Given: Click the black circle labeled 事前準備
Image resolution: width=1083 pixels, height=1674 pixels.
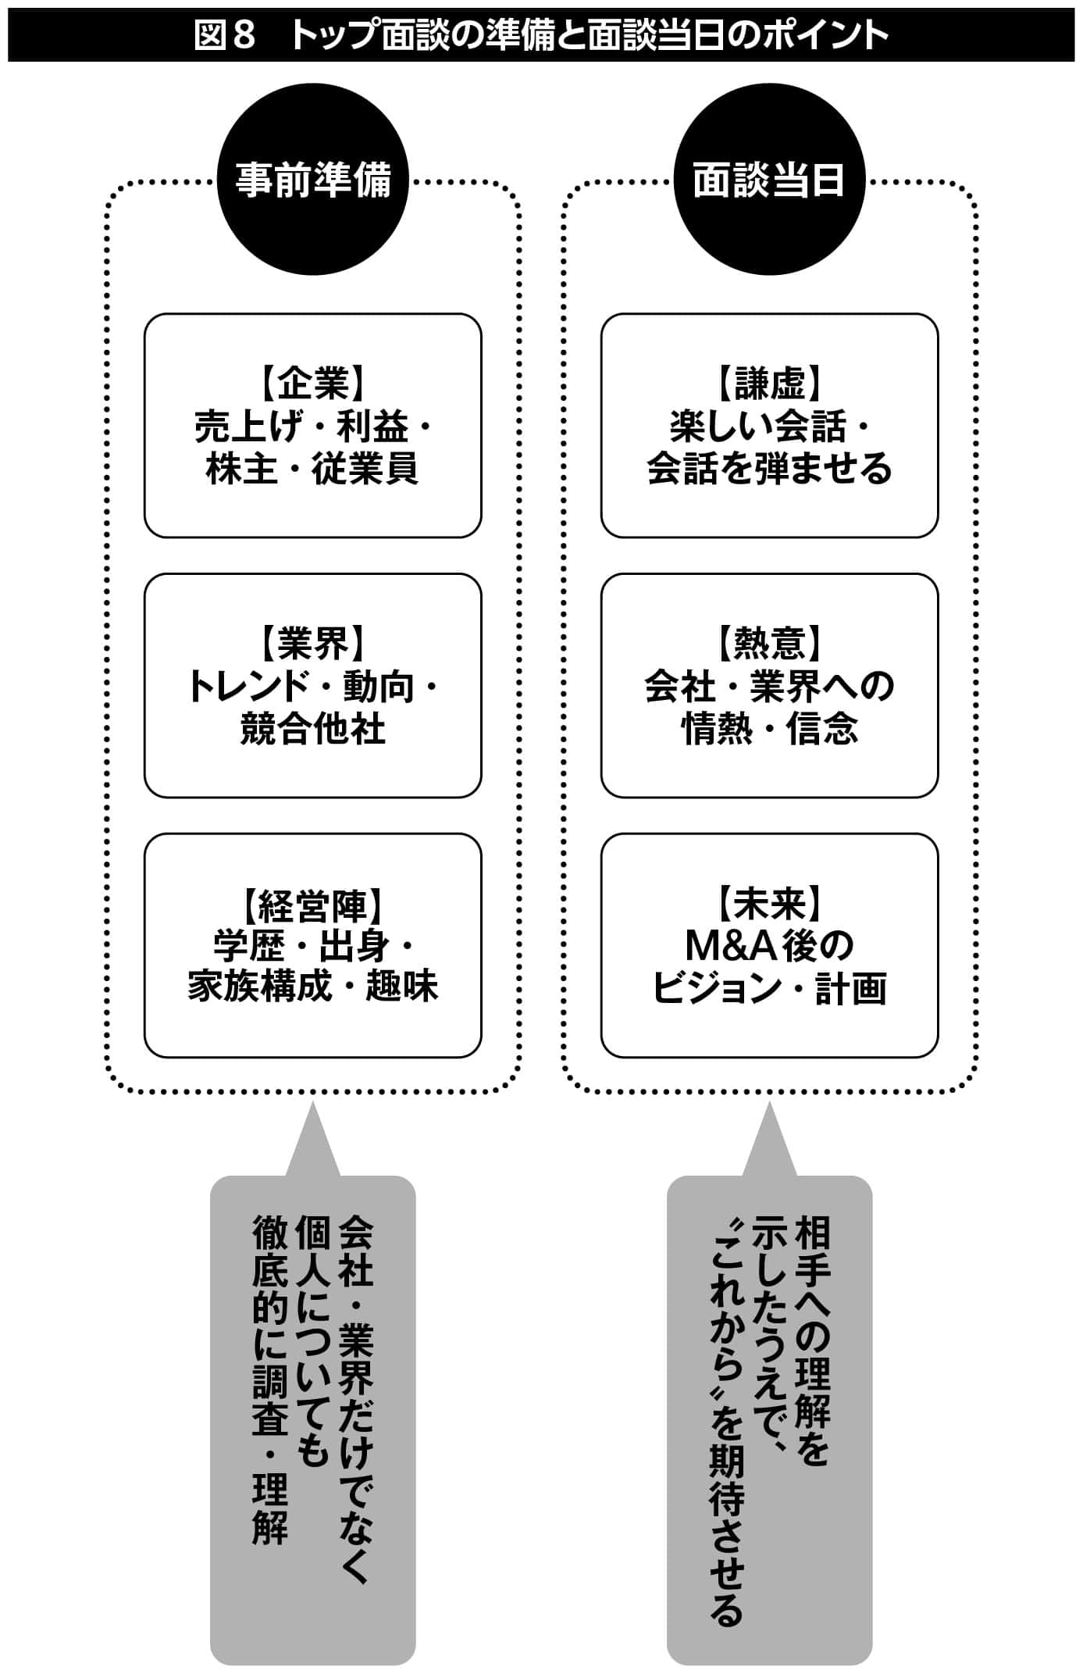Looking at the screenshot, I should (x=312, y=180).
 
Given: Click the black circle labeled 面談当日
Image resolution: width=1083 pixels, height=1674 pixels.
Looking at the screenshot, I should (x=769, y=180).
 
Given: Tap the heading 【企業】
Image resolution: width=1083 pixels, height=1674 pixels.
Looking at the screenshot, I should (x=312, y=384).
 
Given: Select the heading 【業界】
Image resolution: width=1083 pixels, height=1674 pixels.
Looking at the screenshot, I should (x=312, y=644).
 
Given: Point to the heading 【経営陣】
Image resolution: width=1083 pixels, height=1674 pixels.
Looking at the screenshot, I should (x=312, y=905).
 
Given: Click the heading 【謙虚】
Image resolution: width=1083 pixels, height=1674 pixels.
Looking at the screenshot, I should (x=769, y=384).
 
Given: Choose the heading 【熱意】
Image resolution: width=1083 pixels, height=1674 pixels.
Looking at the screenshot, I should (x=769, y=644).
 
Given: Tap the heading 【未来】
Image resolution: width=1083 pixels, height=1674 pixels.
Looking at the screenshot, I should (x=769, y=905).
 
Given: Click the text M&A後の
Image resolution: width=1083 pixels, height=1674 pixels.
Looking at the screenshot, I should (x=769, y=946).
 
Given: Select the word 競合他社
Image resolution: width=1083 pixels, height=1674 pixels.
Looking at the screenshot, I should (x=312, y=729).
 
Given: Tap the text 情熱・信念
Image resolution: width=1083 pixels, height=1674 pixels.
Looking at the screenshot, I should (x=769, y=729).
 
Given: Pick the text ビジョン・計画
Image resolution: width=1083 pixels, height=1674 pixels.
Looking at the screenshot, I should (x=769, y=988).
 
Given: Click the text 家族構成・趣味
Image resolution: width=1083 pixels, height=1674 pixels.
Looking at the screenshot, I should (x=312, y=987).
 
